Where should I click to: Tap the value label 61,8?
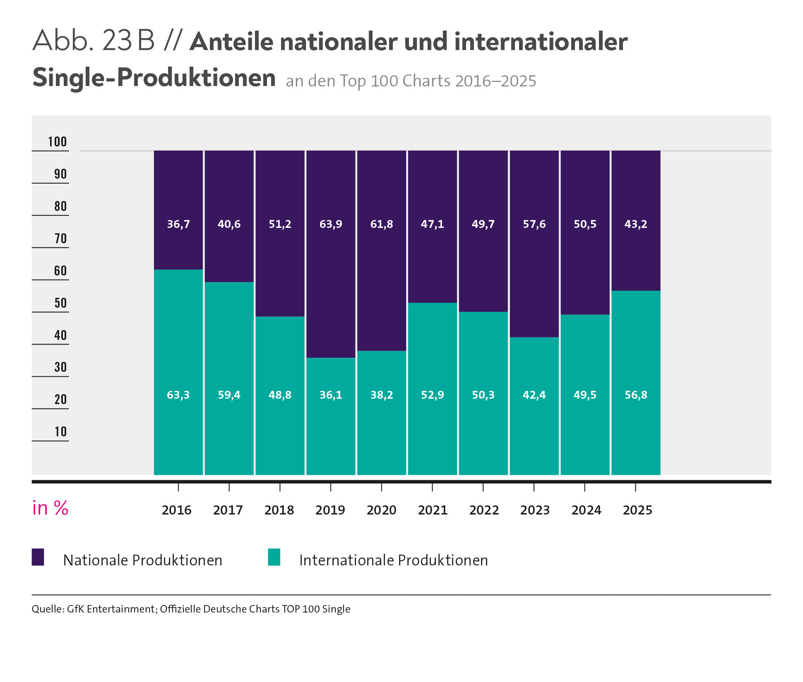tap(382, 224)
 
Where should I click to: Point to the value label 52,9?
tap(433, 395)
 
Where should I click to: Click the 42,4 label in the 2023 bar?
tap(534, 395)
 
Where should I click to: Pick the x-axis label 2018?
tap(279, 510)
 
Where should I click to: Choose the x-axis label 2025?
tap(637, 510)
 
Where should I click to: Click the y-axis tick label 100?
tap(57, 142)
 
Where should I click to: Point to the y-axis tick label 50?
tap(60, 303)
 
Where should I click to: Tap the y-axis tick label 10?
tap(60, 432)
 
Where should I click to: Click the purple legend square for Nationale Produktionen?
tap(38, 557)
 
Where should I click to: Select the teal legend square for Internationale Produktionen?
tap(274, 557)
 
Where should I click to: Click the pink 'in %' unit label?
tap(50, 508)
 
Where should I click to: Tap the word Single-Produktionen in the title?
tap(154, 78)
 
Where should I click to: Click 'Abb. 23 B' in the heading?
tap(94, 41)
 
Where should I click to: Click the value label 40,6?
tap(229, 224)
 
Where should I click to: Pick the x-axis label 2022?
tap(484, 510)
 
